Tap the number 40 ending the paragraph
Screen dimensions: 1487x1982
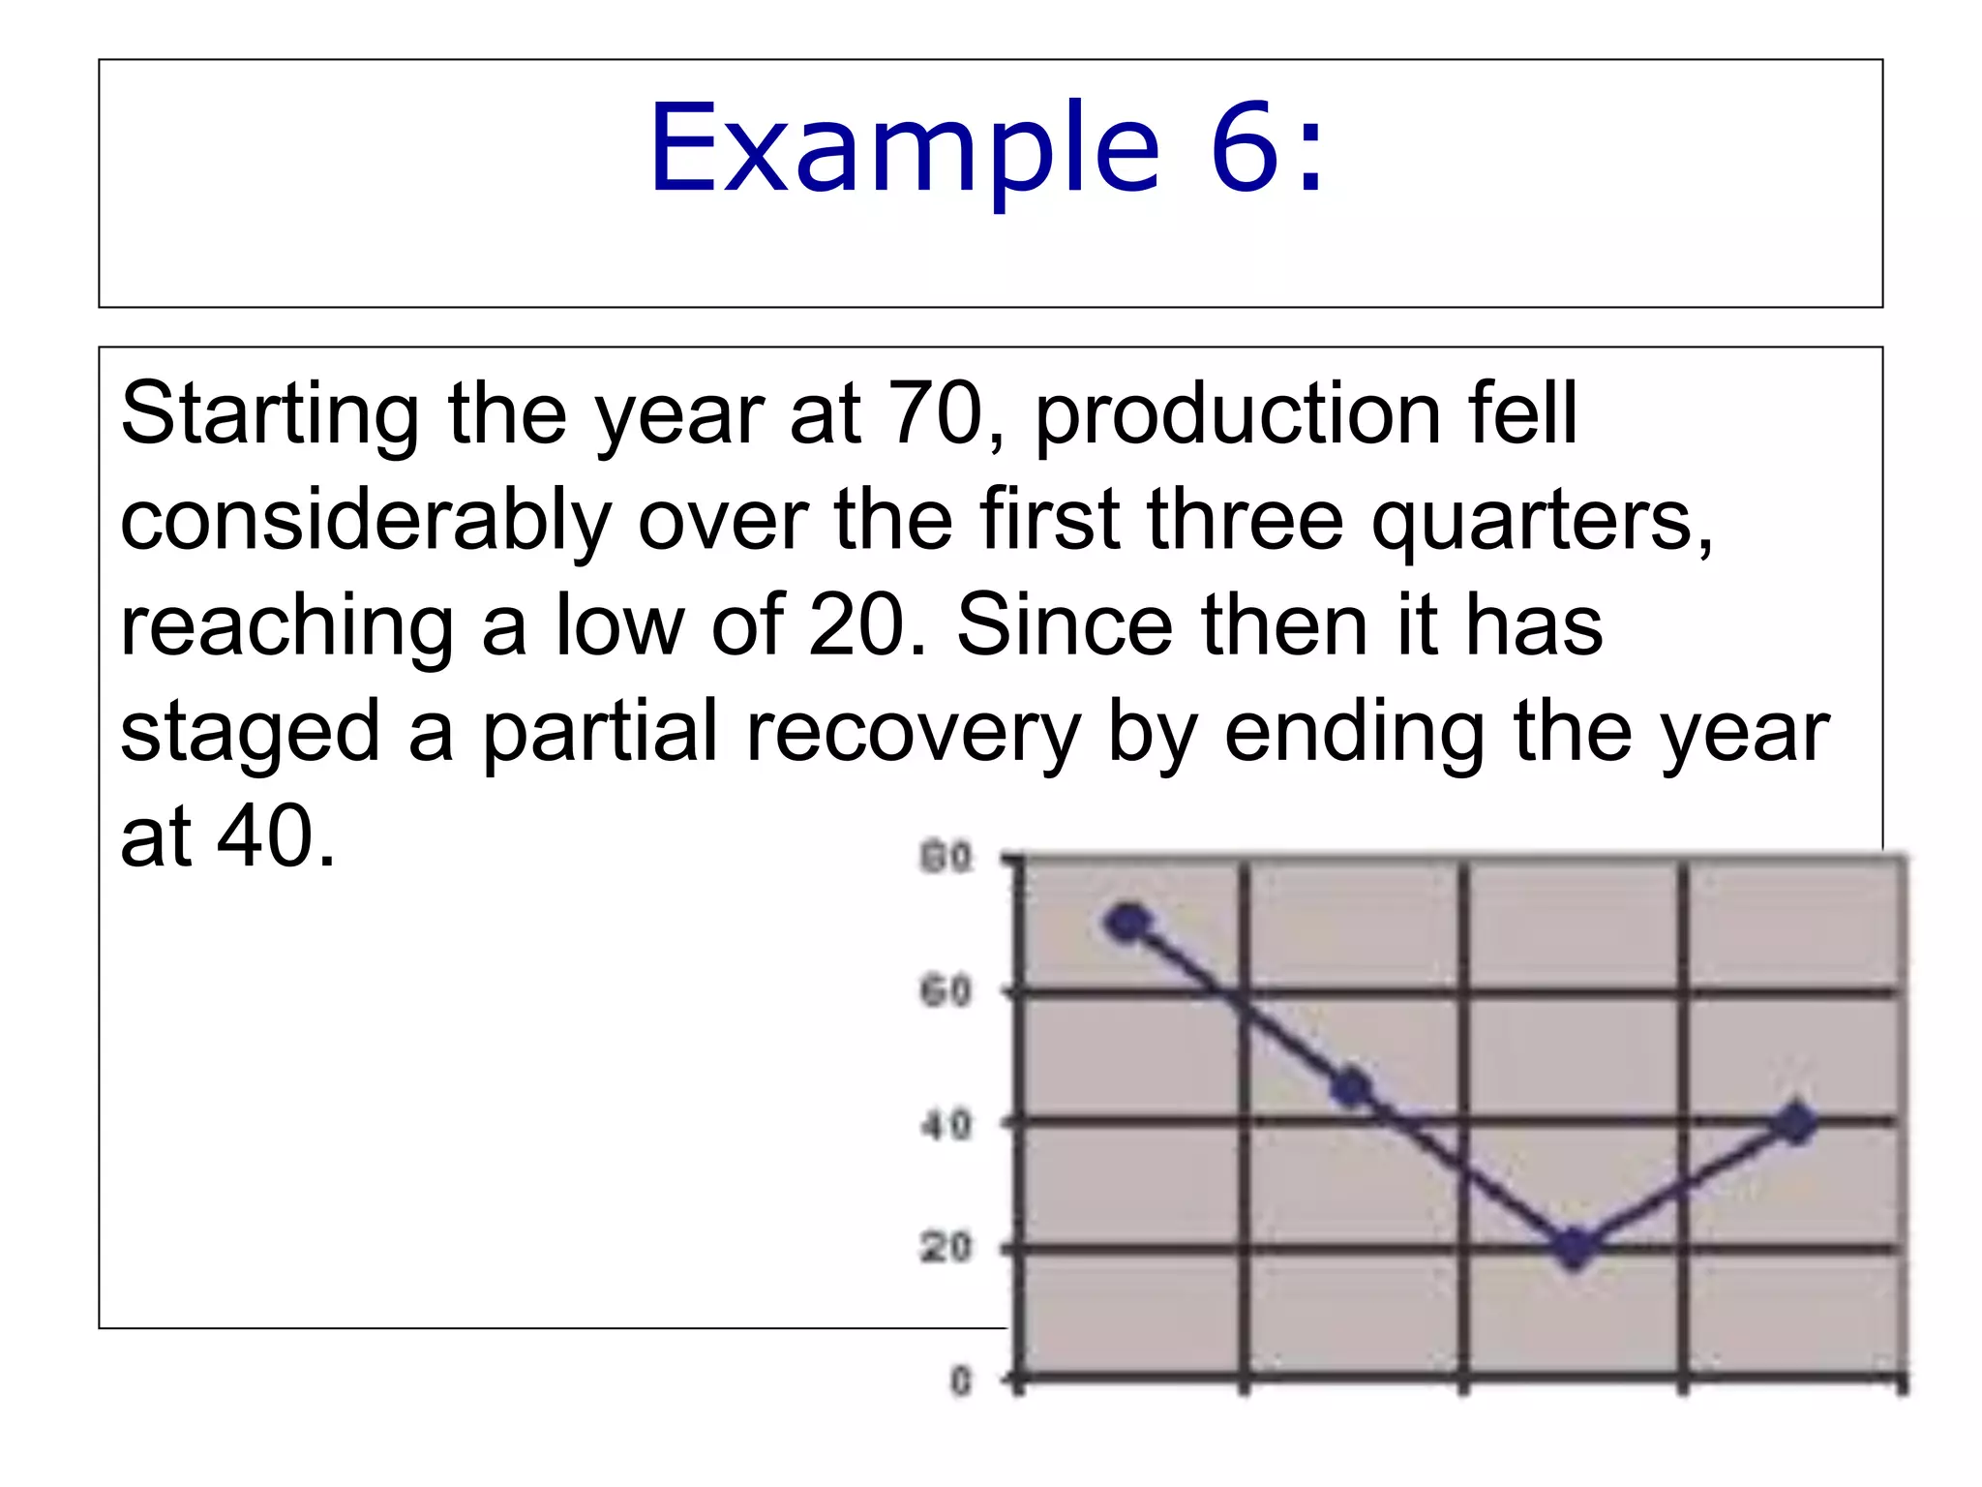[265, 837]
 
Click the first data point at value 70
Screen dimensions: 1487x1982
[1128, 923]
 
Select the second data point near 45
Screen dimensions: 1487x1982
[1351, 1089]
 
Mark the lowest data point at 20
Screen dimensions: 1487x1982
[1575, 1248]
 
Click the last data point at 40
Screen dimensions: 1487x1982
[1796, 1124]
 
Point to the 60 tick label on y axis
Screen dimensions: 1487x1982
[946, 992]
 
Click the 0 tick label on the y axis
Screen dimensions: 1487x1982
[960, 1381]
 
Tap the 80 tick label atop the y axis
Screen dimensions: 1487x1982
[946, 858]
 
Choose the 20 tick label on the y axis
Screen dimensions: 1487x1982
[946, 1248]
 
